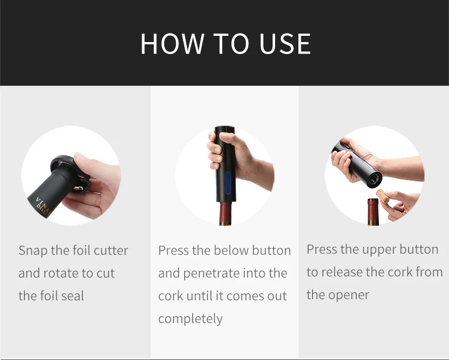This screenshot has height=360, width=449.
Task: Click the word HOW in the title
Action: point(172,44)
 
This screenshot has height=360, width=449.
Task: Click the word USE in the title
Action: point(285,44)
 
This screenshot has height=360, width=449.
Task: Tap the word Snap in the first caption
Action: point(32,251)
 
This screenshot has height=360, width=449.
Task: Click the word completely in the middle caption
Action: point(190,318)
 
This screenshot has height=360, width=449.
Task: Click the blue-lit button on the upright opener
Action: point(228,184)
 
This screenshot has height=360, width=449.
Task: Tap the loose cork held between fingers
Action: point(383,197)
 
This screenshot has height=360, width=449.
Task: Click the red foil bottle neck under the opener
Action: point(226,213)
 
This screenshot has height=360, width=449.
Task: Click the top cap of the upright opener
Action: point(225,129)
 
